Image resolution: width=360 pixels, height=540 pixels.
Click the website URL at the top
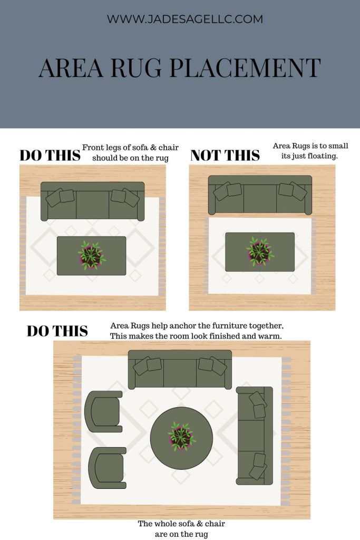pos(185,19)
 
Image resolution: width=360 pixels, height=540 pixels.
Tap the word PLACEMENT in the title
pos(245,68)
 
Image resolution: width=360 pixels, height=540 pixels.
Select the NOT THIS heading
pos(225,156)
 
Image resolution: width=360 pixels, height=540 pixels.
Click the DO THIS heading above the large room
pos(57,331)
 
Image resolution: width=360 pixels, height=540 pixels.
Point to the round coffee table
pos(181,438)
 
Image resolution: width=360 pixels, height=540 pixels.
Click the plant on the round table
pos(181,436)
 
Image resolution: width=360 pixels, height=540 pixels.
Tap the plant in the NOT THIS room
pos(260,252)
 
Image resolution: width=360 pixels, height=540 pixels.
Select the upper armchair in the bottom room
pos(103,411)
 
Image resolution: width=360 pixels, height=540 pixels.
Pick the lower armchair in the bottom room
pos(108,468)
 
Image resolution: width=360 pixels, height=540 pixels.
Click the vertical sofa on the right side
pos(255,436)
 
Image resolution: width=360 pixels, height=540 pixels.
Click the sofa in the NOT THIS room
pos(260,195)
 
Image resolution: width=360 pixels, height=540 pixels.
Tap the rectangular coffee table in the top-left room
pos(92,256)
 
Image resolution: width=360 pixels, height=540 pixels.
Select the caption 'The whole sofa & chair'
pos(181,524)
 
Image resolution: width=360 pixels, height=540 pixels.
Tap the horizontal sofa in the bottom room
pos(180,370)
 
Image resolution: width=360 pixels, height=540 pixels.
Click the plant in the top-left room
pos(92,255)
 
